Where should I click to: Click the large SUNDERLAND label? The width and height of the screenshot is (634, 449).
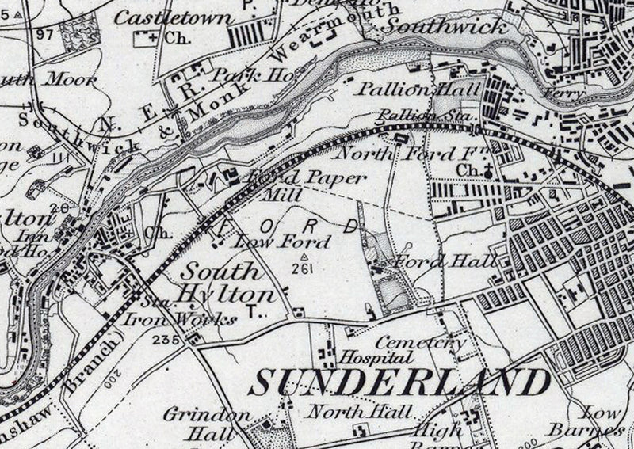pyautogui.click(x=400, y=382)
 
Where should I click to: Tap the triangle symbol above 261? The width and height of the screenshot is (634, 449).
pyautogui.click(x=304, y=257)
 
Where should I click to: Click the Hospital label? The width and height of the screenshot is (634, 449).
pyautogui.click(x=367, y=356)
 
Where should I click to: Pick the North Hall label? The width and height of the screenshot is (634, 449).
pyautogui.click(x=359, y=411)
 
